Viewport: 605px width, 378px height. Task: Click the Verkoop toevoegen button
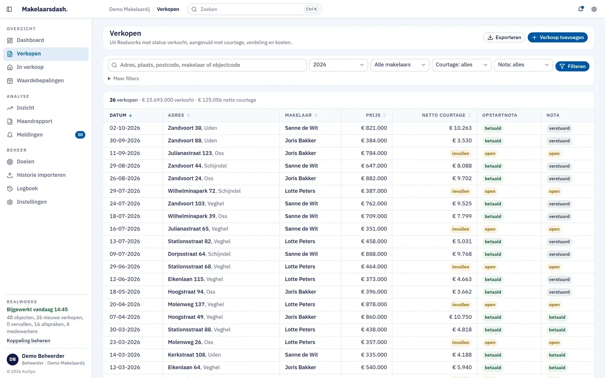(558, 37)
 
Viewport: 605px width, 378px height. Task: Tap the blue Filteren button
(572, 66)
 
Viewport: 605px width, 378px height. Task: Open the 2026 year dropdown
(338, 65)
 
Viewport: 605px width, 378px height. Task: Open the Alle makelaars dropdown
(400, 65)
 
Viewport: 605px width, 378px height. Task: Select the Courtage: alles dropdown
(461, 65)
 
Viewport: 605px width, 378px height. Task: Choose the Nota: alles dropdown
(523, 65)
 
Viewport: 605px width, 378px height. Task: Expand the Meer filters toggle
(124, 79)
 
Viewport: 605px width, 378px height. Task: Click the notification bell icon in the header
(581, 9)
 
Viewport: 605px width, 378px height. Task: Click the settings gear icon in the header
(594, 9)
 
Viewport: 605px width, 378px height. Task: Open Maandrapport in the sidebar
(34, 121)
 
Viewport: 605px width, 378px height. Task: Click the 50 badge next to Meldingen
(80, 135)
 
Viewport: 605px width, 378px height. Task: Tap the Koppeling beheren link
(29, 341)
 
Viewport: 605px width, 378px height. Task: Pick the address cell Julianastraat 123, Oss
(196, 153)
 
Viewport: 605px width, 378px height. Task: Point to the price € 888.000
(374, 254)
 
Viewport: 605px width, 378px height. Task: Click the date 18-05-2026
(125, 292)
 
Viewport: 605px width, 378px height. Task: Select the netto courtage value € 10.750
(460, 317)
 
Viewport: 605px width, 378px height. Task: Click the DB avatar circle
(13, 359)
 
